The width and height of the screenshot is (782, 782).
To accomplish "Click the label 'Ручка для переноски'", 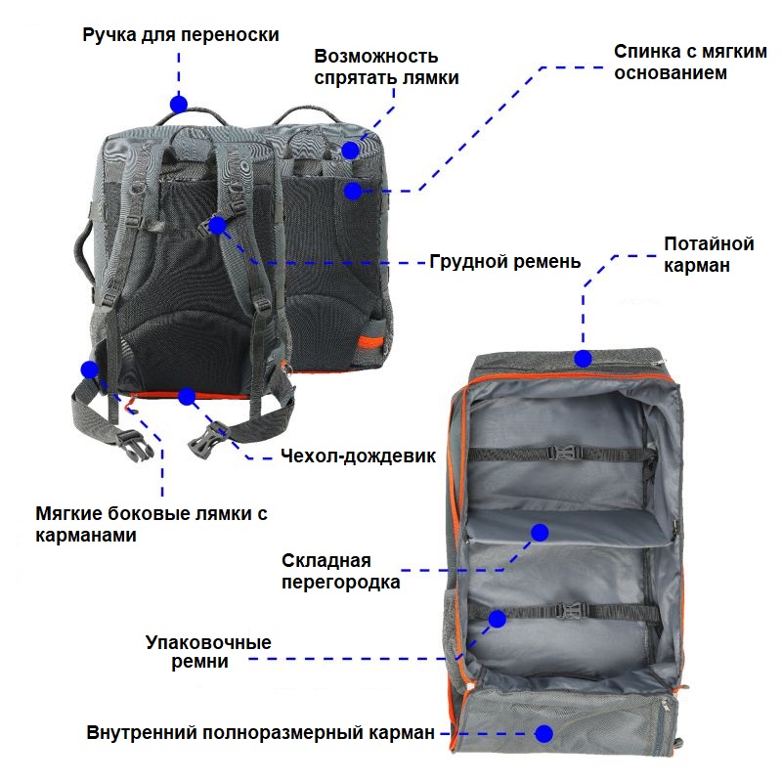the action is (x=181, y=35).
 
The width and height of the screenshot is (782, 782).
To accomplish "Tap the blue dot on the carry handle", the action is (x=179, y=105).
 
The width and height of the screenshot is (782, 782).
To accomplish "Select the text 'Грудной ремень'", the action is (x=505, y=262).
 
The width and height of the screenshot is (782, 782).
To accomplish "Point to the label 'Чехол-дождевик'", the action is (x=358, y=456).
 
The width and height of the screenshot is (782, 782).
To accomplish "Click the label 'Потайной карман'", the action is (x=709, y=254).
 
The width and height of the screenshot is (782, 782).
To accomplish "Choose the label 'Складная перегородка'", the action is (x=341, y=571).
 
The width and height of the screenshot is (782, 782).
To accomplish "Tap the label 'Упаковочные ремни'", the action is (x=208, y=651).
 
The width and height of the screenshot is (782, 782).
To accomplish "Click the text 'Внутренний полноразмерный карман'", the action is (x=261, y=732).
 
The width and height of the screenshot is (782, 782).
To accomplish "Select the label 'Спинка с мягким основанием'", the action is (x=690, y=62).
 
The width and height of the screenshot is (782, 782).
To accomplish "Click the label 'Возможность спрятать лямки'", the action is (x=386, y=66).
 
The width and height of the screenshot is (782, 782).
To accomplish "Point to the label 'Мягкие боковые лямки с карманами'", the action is (x=152, y=524).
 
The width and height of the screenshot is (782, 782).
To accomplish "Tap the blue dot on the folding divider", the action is (x=540, y=533).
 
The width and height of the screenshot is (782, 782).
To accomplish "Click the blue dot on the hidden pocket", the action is (x=583, y=358).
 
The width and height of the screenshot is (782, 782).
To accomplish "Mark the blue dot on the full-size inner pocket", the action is (x=544, y=734).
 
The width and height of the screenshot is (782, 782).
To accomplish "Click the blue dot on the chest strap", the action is (x=217, y=226).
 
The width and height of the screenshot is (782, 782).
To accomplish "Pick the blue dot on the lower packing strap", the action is (x=498, y=619).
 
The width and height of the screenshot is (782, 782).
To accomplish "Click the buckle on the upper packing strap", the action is (x=564, y=453).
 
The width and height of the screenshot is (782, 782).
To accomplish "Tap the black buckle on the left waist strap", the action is (x=135, y=445).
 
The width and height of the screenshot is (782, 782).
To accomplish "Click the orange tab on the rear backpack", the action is (x=370, y=344).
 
